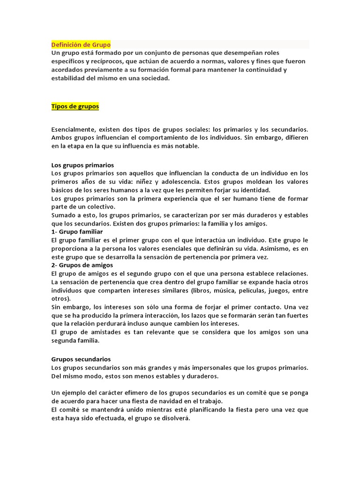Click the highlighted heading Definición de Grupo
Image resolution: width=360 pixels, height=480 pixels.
81,45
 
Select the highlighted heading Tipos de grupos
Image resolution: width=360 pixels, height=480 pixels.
75,106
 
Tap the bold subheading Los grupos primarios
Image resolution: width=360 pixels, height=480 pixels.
82,165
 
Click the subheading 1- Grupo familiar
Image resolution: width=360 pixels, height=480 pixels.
77,232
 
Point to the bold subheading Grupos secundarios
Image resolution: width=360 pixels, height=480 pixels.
81,359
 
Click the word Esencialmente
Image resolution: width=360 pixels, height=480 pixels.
73,129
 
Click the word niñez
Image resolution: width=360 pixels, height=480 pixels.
160,182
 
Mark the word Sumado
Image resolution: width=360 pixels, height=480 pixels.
62,215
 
